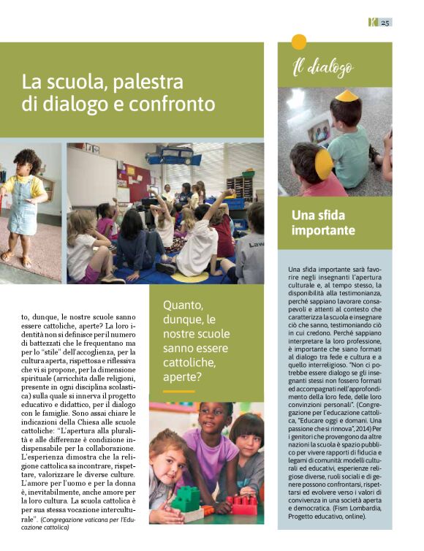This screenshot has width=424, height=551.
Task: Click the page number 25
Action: (386, 22)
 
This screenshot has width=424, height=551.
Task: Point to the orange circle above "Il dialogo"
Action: (299, 42)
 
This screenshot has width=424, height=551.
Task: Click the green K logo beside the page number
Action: (371, 22)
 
